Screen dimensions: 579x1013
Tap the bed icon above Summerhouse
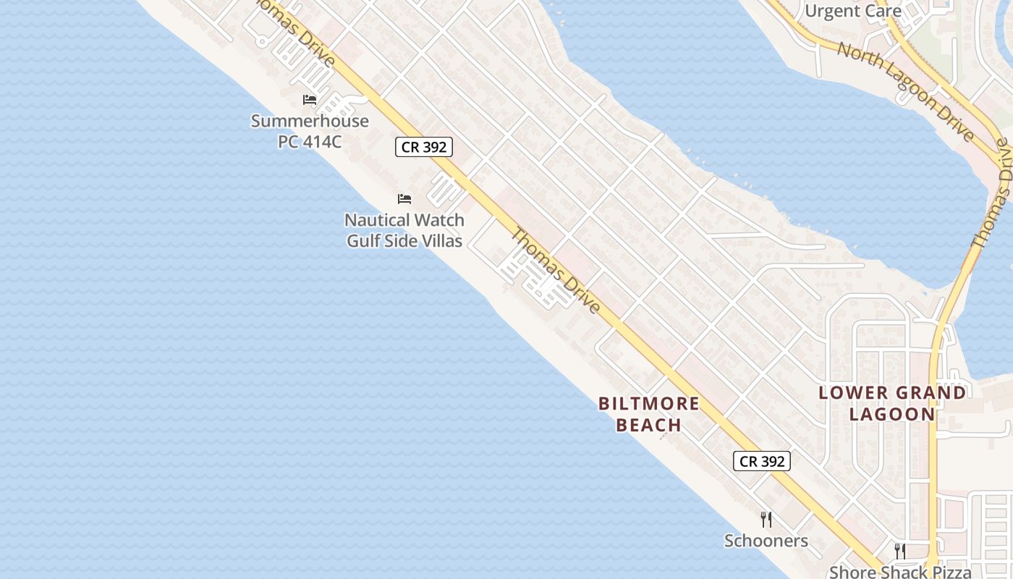[310, 99]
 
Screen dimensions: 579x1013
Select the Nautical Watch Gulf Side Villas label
[404, 229]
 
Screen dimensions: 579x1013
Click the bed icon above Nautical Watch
[404, 198]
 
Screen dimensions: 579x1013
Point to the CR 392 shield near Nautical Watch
[425, 147]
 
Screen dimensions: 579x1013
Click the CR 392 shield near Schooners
[762, 461]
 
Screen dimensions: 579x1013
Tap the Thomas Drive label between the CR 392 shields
[556, 271]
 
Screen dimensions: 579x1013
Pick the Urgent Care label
[853, 11]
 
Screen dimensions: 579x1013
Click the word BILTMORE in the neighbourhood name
[649, 404]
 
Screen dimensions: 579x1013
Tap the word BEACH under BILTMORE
[649, 425]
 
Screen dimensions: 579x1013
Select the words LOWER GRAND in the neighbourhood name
[892, 393]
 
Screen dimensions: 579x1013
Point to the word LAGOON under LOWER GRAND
[892, 414]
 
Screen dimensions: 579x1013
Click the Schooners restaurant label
[766, 541]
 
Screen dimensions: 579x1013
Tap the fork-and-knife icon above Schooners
[766, 519]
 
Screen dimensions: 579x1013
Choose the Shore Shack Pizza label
[900, 572]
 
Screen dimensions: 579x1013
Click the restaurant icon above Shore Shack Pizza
[900, 551]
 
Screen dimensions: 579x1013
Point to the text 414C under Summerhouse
[321, 141]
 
